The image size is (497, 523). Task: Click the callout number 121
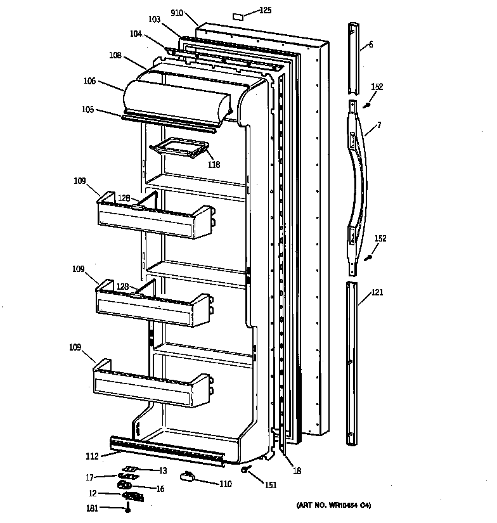tap(378, 292)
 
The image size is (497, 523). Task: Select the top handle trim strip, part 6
tap(354, 57)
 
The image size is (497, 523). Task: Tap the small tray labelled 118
tap(178, 150)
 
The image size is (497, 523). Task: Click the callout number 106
tap(89, 81)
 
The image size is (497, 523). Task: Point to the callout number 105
tap(87, 109)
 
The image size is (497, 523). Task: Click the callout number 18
tap(296, 470)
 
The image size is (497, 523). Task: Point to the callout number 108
tap(115, 55)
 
